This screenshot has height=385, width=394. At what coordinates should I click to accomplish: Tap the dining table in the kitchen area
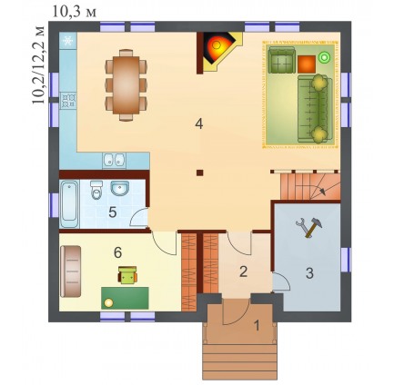pyautogui.click(x=126, y=85)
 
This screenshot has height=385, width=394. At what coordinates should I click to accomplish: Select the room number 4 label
pyautogui.click(x=199, y=123)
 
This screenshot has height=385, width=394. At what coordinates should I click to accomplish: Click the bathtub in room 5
pyautogui.click(x=69, y=204)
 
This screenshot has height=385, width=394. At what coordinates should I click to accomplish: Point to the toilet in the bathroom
pyautogui.click(x=96, y=190)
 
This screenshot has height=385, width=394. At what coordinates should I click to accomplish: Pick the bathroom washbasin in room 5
pyautogui.click(x=119, y=188)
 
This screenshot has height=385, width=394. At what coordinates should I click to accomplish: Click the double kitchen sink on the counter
pyautogui.click(x=114, y=160)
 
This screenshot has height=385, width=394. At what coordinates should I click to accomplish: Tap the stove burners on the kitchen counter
pyautogui.click(x=68, y=101)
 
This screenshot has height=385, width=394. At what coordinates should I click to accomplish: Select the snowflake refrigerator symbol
pyautogui.click(x=68, y=40)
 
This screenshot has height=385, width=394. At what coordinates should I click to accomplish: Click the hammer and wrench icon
pyautogui.click(x=308, y=227)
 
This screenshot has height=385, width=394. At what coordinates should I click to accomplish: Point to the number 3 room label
pyautogui.click(x=309, y=273)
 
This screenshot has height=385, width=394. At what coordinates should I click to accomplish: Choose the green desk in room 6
pyautogui.click(x=125, y=298)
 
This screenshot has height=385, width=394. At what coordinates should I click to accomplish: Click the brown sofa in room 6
pyautogui.click(x=71, y=271)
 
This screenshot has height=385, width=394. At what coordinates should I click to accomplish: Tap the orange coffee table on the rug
pyautogui.click(x=307, y=64)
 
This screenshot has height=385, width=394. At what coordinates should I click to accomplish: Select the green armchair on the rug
pyautogui.click(x=282, y=60)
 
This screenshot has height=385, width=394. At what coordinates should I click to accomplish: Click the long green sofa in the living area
pyautogui.click(x=315, y=109)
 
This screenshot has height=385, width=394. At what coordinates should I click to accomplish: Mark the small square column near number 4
pyautogui.click(x=199, y=173)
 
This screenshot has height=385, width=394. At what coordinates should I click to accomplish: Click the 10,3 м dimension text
pyautogui.click(x=75, y=12)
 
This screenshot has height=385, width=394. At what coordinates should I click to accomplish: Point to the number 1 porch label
pyautogui.click(x=257, y=326)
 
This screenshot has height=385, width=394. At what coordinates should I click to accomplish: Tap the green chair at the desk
pyautogui.click(x=127, y=275)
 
